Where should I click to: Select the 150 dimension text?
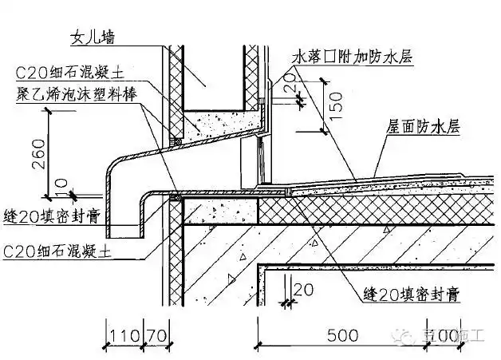click(336, 102)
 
